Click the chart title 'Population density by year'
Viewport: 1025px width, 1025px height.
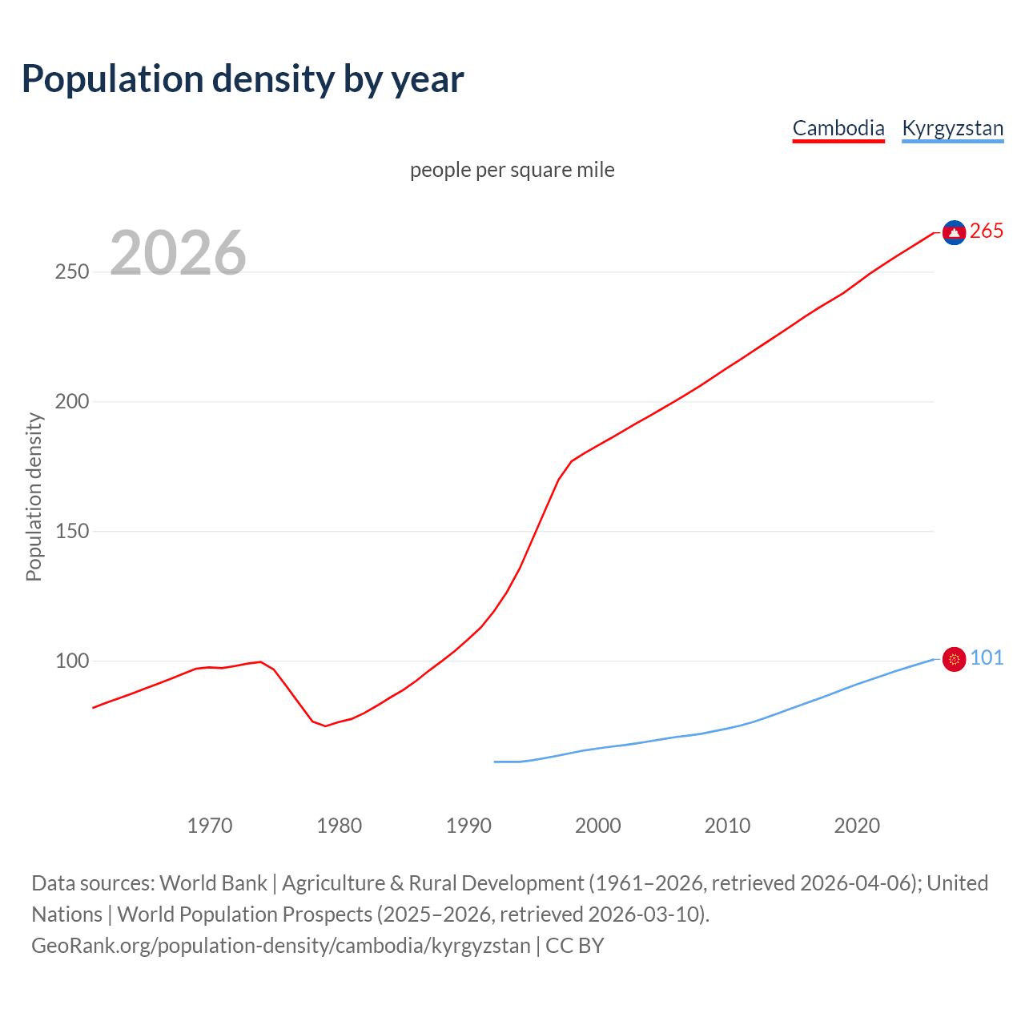(243, 78)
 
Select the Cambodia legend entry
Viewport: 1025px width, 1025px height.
(838, 128)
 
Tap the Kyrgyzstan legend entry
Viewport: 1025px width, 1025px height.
(952, 128)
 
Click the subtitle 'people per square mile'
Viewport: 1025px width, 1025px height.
(512, 170)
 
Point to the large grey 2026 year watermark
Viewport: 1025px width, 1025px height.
(178, 253)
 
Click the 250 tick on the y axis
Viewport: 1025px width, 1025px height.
(72, 272)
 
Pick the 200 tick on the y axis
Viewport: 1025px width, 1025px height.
(72, 402)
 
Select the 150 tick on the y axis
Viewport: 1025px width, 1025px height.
(72, 532)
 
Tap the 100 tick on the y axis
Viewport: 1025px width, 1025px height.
(72, 661)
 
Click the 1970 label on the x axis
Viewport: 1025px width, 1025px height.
(210, 826)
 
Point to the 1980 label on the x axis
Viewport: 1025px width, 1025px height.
(340, 826)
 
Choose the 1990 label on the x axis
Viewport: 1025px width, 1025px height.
(468, 826)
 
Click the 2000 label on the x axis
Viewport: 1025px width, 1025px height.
(598, 826)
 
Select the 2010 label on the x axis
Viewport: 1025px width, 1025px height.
(727, 826)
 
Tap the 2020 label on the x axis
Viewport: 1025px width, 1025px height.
(857, 826)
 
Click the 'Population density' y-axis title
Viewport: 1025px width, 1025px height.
(34, 496)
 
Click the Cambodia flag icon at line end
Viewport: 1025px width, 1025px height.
(954, 232)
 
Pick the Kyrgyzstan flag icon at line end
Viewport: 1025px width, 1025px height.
(954, 659)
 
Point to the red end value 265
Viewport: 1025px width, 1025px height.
(987, 231)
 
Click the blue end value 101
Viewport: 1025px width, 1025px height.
(987, 658)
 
